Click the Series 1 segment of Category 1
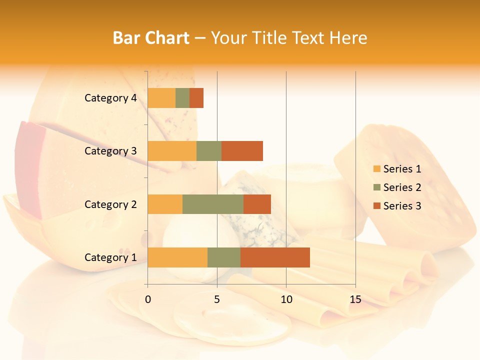(177, 257)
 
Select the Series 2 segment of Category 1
(224, 257)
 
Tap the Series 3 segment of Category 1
(275, 257)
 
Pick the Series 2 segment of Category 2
(213, 204)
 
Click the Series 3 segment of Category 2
(257, 204)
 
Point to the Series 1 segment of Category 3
(172, 151)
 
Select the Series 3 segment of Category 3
(242, 151)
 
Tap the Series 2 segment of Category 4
(182, 98)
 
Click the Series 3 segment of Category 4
(196, 98)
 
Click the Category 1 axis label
(110, 257)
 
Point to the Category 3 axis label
(110, 151)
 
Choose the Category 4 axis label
(110, 98)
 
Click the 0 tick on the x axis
(148, 299)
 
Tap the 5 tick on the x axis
(217, 299)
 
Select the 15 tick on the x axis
(355, 299)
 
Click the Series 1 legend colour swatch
(376, 169)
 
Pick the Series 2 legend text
(402, 187)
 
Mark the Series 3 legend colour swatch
(376, 206)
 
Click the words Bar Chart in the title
(151, 37)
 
